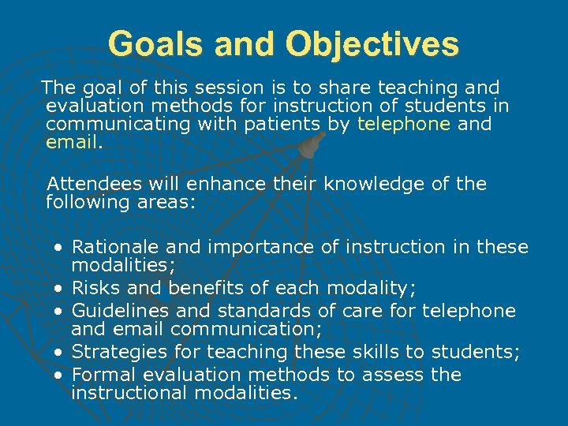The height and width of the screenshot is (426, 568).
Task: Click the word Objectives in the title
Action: tap(372, 44)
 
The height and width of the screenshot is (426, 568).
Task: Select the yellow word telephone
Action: tap(404, 124)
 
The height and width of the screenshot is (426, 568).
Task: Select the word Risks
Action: tap(93, 287)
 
